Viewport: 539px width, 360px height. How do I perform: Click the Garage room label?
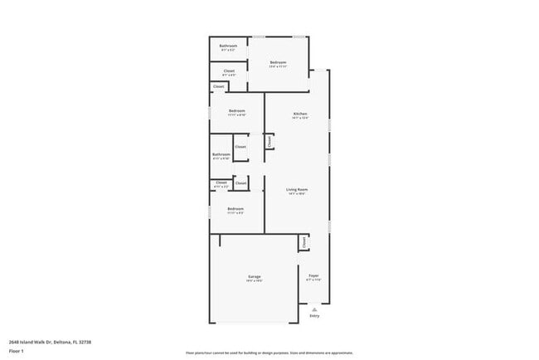click(254, 276)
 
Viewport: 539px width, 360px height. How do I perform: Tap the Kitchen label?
click(300, 114)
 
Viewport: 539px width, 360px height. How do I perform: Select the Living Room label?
click(298, 189)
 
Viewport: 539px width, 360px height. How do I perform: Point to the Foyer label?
click(314, 275)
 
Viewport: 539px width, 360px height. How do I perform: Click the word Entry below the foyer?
click(314, 316)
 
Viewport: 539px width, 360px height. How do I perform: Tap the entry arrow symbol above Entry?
click(314, 308)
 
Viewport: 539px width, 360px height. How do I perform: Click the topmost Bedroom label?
click(278, 62)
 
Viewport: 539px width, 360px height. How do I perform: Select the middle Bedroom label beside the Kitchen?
click(236, 110)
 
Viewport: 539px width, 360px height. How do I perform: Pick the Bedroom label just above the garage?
click(236, 208)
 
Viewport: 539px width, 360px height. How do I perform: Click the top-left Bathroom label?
click(228, 46)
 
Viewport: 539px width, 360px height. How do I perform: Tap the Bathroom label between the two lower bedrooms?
click(221, 153)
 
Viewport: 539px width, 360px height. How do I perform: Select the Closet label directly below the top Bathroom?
click(229, 71)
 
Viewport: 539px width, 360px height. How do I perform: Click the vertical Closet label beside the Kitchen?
click(270, 142)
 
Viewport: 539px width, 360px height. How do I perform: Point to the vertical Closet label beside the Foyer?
click(304, 242)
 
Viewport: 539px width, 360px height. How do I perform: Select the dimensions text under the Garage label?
click(254, 281)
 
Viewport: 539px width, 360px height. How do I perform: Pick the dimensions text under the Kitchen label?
click(300, 119)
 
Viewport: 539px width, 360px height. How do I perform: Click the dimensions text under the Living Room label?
click(298, 194)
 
